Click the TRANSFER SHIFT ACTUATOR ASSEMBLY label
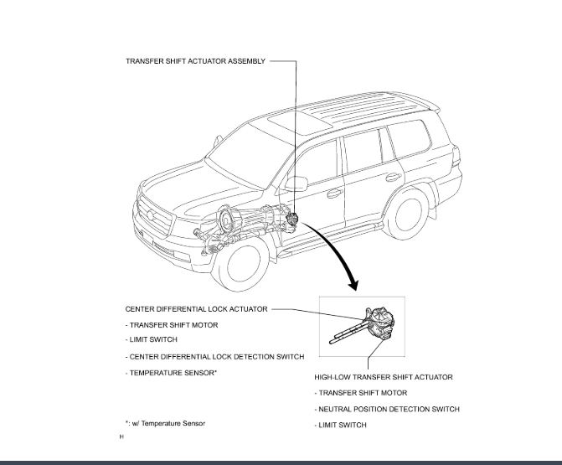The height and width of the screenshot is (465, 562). (194, 61)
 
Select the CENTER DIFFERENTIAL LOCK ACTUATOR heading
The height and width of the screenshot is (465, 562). (196, 309)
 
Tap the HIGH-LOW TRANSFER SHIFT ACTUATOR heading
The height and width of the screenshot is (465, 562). (383, 377)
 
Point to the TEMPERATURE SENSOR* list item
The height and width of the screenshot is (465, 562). (171, 372)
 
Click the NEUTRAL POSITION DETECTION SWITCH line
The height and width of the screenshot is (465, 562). (386, 409)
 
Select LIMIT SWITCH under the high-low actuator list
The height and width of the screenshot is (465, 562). (341, 425)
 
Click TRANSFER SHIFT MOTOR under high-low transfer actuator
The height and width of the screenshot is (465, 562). (360, 393)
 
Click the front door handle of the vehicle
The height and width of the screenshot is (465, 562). (335, 193)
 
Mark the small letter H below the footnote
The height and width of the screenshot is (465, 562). (121, 437)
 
